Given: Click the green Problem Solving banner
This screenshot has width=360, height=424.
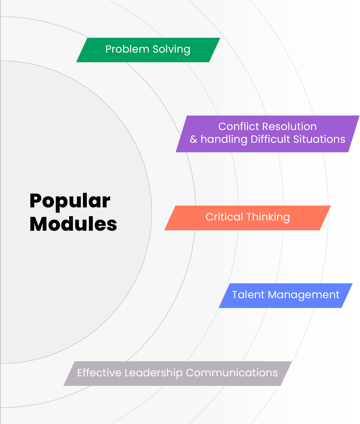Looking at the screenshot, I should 148,50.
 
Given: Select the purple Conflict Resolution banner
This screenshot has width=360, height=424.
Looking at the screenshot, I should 268,134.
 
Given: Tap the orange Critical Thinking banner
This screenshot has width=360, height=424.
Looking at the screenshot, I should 247,218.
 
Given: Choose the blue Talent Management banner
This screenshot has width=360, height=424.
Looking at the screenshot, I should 286,295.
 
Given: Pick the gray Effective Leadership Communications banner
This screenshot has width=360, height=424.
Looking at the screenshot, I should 177,373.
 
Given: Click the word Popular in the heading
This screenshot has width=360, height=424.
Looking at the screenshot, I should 70,201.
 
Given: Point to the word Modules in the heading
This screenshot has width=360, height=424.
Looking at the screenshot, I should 73,224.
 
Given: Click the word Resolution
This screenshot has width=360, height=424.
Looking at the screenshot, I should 287,126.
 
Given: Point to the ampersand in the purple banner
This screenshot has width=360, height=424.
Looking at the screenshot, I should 193,139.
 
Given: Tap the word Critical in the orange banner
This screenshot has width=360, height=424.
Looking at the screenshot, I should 224,217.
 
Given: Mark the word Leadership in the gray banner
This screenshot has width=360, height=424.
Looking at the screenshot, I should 154,373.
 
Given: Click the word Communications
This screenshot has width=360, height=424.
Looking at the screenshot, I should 232,373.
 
